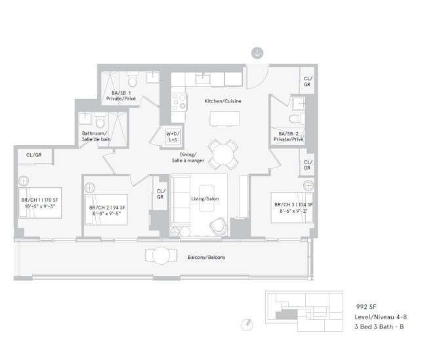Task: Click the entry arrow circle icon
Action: point(257,53)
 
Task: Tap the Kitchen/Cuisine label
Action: point(222,101)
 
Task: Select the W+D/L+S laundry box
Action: point(173,137)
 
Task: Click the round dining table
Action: point(223,154)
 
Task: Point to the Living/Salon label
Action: point(205,198)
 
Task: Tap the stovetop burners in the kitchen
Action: point(179,102)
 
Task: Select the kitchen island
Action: point(224,118)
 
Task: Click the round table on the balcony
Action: point(161,256)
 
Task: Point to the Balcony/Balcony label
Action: point(207,258)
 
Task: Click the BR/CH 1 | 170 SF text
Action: point(39,200)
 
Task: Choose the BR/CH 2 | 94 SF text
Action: point(107,208)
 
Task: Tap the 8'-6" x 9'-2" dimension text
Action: point(293,211)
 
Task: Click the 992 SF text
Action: point(366,307)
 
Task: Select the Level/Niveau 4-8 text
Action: point(381,317)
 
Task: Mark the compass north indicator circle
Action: point(247,325)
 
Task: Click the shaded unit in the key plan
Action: point(286,315)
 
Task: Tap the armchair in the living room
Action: point(219,226)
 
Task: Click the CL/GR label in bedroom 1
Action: point(33,155)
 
